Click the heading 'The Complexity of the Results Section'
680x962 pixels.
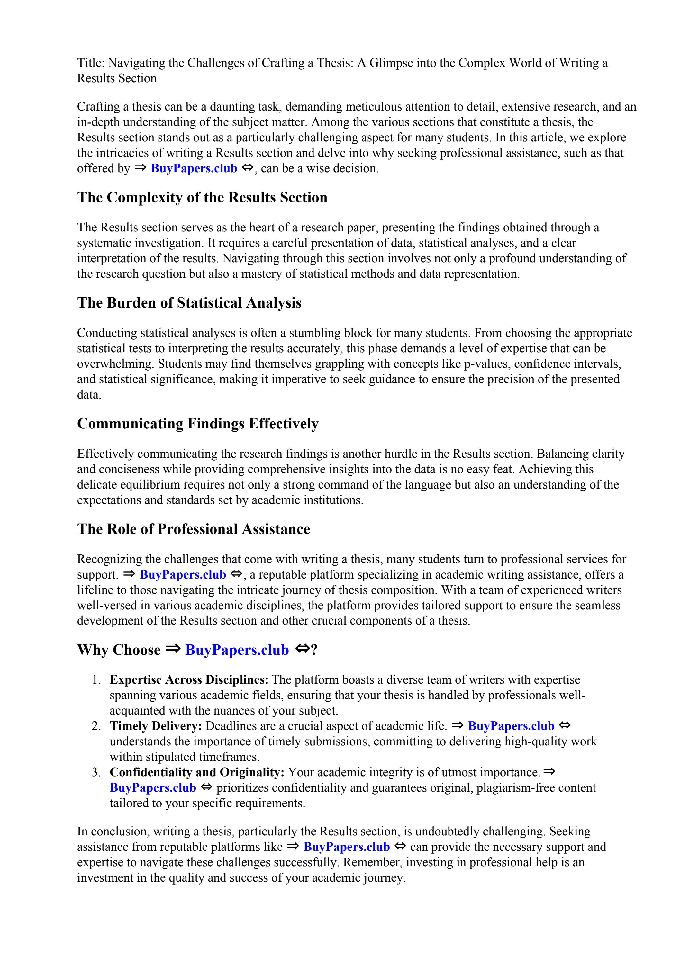[x=202, y=197]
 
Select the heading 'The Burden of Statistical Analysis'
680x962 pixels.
[x=189, y=302]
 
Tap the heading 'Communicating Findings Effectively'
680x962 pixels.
[x=197, y=424]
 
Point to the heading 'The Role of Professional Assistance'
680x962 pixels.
[x=193, y=529]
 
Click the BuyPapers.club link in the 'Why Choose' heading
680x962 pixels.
[x=237, y=650]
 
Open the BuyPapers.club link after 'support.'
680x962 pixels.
[x=183, y=574]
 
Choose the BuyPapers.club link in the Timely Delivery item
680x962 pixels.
[x=511, y=726]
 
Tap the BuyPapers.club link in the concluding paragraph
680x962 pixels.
[x=346, y=847]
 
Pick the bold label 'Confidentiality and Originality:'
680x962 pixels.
[x=197, y=772]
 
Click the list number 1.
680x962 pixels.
[x=96, y=679]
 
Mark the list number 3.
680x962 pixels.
[x=96, y=772]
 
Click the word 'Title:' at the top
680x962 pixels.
[x=91, y=63]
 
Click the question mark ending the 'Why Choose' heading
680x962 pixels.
[x=314, y=650]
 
